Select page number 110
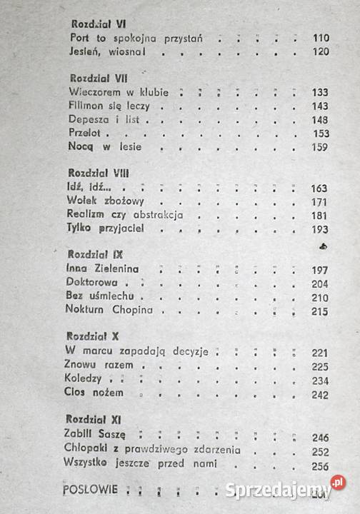320,38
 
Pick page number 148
320,119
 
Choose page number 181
320,215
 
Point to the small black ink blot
323,245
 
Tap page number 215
320,311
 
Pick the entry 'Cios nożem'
94,393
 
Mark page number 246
320,437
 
